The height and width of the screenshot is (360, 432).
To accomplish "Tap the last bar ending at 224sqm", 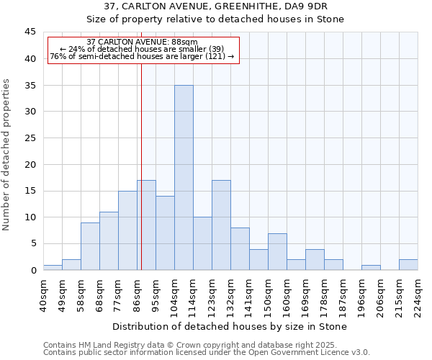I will pos(408,264).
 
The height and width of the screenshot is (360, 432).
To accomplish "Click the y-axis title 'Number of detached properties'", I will pos(6,155).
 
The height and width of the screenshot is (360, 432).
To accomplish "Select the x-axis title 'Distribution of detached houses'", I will pos(230,326).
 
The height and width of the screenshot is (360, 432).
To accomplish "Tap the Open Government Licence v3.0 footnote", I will pos(206,352).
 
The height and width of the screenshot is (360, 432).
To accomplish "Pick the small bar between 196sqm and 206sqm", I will pos(371,267).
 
